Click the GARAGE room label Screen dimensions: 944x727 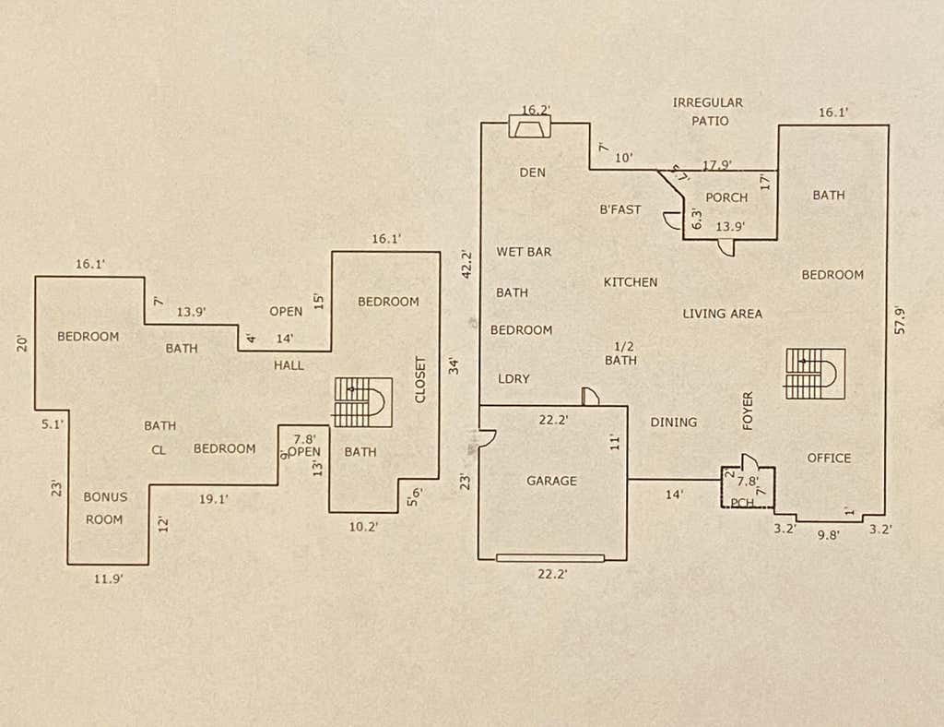(551, 481)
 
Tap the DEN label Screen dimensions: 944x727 (532, 173)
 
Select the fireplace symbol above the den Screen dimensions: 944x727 (530, 126)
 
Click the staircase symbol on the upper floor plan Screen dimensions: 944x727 (363, 402)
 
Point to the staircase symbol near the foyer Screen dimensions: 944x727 (816, 374)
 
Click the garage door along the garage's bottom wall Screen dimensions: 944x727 (550, 558)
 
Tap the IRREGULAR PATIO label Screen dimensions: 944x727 (709, 112)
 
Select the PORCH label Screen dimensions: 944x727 (726, 197)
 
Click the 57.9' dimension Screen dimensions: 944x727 (900, 320)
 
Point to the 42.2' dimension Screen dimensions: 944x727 (466, 264)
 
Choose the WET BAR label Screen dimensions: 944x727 (524, 252)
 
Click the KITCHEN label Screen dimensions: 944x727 (631, 282)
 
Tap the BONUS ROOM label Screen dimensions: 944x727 (105, 507)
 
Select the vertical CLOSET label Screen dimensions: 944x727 (420, 380)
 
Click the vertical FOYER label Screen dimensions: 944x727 (748, 411)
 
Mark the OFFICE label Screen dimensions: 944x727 (829, 459)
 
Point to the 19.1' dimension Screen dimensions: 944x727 (213, 499)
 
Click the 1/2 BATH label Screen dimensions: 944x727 (620, 353)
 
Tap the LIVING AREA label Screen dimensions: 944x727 (723, 314)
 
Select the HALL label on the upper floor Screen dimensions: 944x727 (289, 365)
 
